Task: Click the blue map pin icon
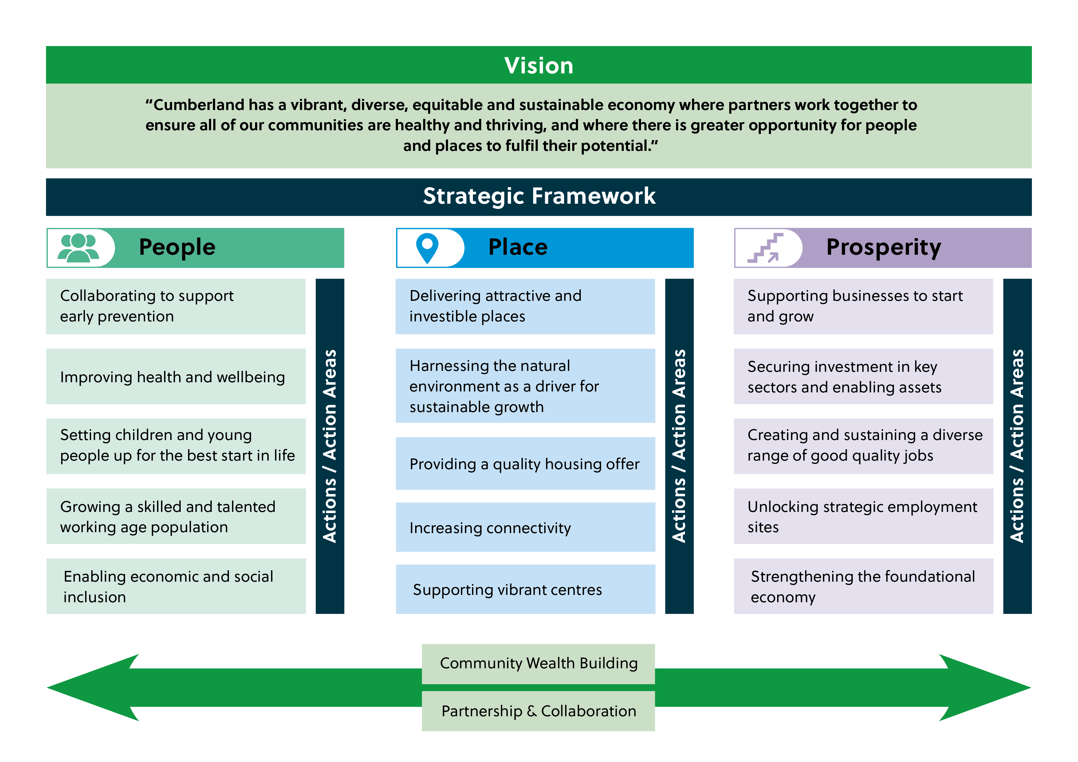(x=427, y=247)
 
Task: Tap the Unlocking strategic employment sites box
(x=863, y=517)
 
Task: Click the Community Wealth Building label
(x=538, y=663)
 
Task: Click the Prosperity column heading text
(x=883, y=247)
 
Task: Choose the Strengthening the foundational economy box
(x=863, y=586)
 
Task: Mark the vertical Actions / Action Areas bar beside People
(x=330, y=446)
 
